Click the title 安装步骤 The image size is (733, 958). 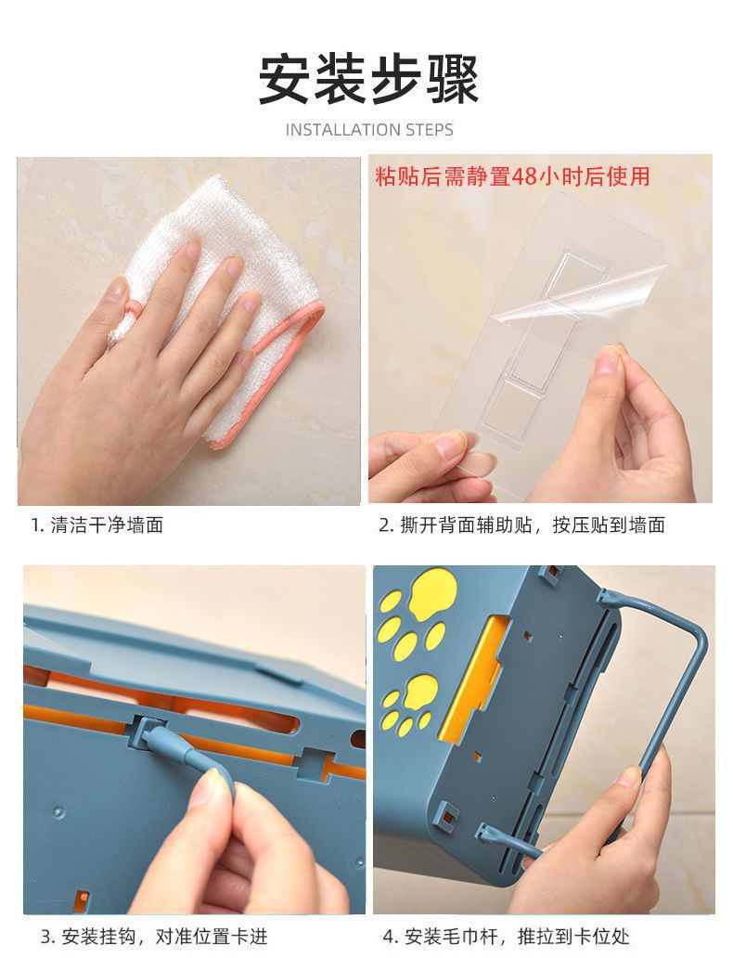(368, 80)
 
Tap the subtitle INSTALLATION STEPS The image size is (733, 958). (369, 130)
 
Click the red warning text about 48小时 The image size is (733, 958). (512, 176)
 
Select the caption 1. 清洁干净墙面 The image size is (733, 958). (97, 524)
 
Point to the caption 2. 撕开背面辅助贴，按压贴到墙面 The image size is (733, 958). (522, 524)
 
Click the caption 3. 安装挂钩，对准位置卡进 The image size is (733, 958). (154, 936)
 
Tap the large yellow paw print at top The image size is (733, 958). (433, 592)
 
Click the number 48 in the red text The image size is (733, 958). (523, 176)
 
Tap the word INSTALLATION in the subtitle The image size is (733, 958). (343, 130)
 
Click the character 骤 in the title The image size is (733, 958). (452, 80)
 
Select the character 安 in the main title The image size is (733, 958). (285, 80)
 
